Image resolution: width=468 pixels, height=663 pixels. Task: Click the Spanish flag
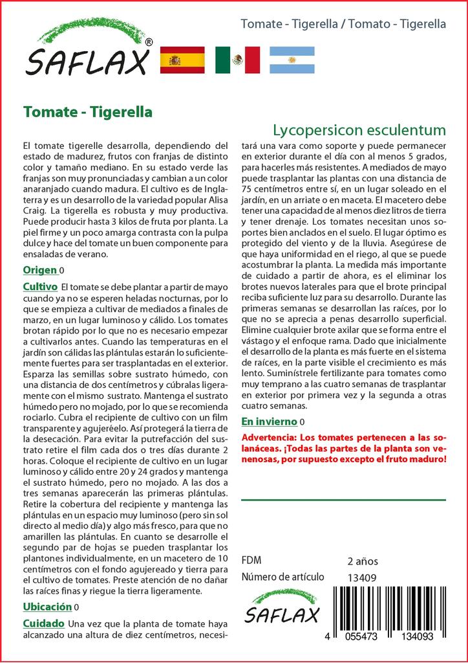point(182,60)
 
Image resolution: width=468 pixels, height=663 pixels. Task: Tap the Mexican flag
point(237,60)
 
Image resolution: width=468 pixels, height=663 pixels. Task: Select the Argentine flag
point(292,60)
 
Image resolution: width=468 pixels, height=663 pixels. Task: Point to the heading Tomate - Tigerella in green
point(87,112)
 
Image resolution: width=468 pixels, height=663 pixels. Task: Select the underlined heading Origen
point(39,270)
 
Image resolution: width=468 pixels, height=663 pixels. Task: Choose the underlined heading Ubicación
point(47,607)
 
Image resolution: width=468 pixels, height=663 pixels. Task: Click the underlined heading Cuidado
point(43,623)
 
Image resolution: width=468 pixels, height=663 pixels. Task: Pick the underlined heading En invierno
point(270,421)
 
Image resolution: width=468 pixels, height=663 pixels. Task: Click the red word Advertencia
point(270,438)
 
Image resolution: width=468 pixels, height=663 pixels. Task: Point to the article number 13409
point(362,578)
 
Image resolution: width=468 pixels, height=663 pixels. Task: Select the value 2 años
point(363,561)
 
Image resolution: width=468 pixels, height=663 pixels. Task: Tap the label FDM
point(251,561)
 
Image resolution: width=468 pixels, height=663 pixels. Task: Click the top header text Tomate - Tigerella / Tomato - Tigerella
point(343,24)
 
